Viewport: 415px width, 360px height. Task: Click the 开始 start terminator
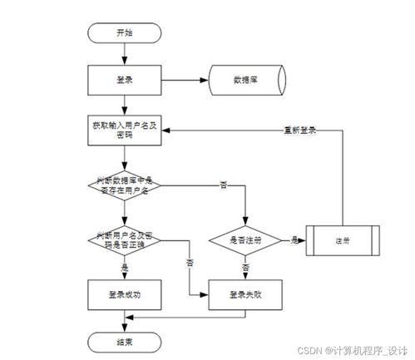click(x=123, y=32)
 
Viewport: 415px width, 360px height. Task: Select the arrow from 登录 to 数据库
click(x=182, y=81)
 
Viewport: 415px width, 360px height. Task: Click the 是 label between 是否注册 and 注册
click(x=295, y=239)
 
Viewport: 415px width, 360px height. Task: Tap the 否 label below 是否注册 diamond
click(x=245, y=268)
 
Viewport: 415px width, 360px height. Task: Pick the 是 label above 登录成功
click(x=125, y=268)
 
